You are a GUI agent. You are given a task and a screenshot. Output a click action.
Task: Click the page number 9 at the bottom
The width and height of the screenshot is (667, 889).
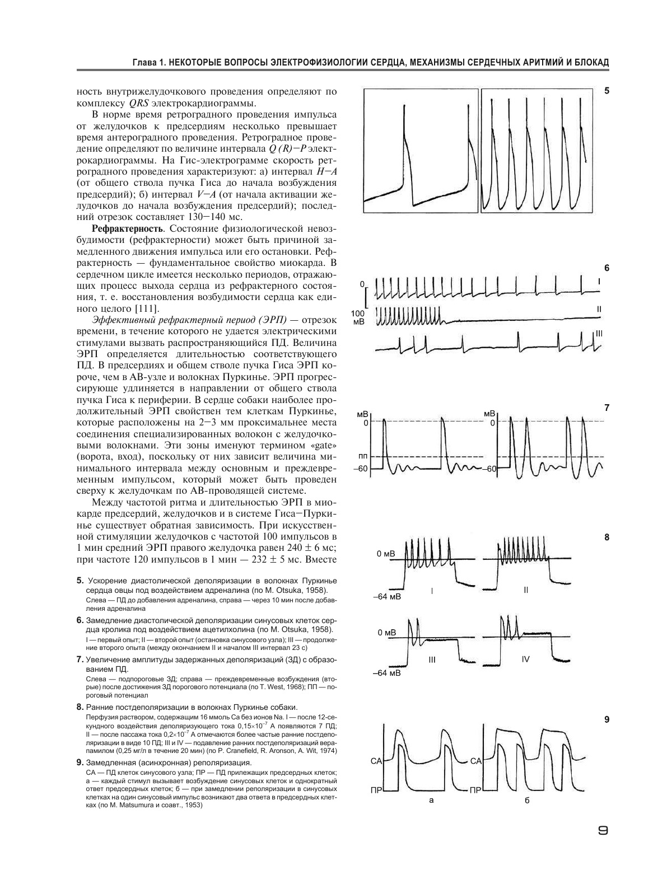(603, 830)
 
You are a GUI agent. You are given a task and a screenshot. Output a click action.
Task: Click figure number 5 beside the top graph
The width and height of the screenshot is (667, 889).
(607, 90)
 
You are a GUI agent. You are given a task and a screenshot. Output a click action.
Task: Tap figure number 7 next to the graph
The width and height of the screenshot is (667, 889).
(607, 408)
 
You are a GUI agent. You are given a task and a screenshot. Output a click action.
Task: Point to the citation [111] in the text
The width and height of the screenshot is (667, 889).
(147, 309)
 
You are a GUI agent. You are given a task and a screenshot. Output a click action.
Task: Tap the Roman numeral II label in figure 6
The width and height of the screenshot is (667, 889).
(599, 308)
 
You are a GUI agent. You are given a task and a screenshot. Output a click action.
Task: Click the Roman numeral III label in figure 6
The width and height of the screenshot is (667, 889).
(599, 334)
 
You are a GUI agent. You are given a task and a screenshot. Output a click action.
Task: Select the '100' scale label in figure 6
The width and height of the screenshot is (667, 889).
(357, 314)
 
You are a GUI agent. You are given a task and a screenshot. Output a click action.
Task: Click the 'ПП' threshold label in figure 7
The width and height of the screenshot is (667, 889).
(363, 456)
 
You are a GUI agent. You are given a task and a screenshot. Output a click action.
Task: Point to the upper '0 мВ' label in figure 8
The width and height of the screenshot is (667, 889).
(386, 554)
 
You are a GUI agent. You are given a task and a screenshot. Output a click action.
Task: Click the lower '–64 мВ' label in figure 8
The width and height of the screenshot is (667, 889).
(386, 673)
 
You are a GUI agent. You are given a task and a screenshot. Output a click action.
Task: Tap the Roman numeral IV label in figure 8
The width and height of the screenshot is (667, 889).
(525, 659)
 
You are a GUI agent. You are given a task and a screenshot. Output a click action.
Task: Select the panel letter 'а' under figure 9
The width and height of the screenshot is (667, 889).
(431, 800)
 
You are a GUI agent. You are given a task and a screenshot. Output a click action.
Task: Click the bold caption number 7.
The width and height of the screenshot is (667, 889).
(80, 659)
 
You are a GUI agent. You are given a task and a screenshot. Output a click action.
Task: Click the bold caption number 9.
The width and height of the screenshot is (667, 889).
(80, 762)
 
